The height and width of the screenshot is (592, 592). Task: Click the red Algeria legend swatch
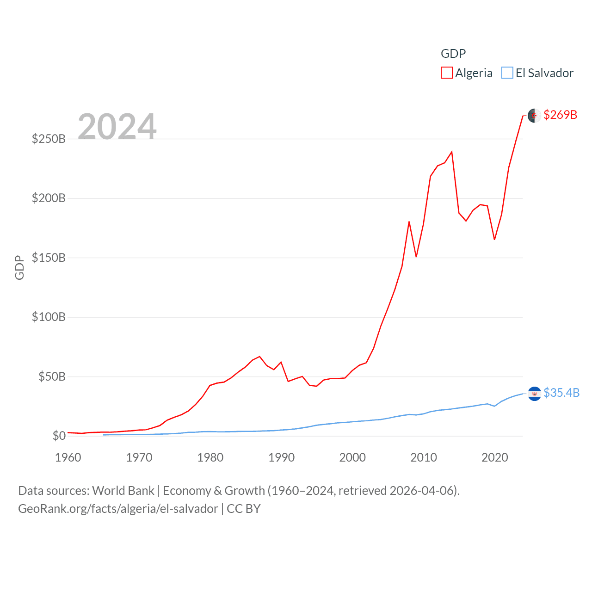(446, 73)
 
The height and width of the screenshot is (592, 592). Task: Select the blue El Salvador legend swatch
(507, 73)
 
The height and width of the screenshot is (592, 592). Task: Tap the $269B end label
(560, 115)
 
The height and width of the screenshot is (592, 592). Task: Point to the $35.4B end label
(561, 393)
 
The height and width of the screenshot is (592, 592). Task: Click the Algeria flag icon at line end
(534, 116)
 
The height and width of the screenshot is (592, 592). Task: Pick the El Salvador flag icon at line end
(534, 394)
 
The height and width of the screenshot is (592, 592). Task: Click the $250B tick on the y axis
(49, 139)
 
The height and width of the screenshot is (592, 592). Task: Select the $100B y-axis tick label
(49, 317)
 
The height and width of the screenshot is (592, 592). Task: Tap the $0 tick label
(59, 436)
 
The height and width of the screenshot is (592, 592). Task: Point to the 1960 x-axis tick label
(68, 457)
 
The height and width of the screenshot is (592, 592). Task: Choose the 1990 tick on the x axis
(281, 457)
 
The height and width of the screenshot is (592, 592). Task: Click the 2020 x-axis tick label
(494, 457)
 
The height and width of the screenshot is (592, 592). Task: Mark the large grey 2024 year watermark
(117, 126)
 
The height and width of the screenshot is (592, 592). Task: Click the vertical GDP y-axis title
(19, 267)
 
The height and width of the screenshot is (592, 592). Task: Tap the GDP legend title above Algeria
(453, 54)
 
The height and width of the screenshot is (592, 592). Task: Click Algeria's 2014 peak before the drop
(451, 152)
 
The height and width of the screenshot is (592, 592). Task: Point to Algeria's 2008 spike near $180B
(409, 222)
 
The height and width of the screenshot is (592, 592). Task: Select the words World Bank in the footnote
(123, 490)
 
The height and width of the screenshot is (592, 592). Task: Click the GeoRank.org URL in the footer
(118, 509)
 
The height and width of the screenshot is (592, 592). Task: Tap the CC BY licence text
(243, 509)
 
